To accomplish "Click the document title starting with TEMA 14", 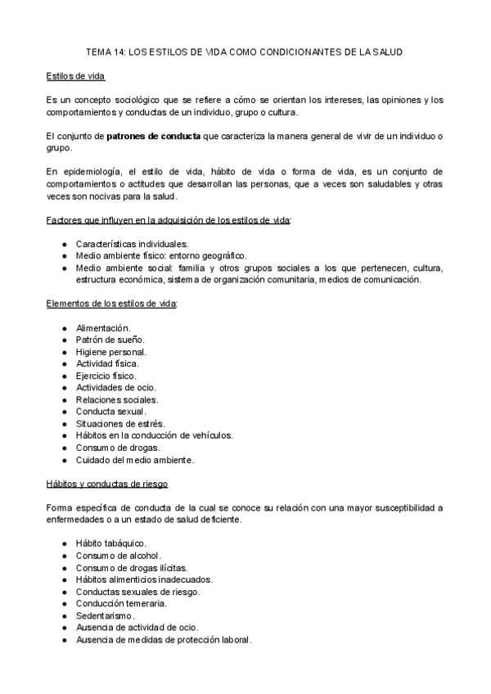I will [x=245, y=52].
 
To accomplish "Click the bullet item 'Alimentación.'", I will [x=102, y=327].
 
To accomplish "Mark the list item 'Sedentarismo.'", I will [x=106, y=615].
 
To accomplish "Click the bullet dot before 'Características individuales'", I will [x=65, y=244].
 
